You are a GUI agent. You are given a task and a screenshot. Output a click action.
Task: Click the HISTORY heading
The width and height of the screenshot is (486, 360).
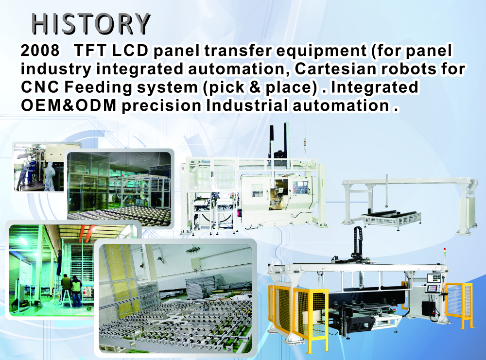pos(91,24)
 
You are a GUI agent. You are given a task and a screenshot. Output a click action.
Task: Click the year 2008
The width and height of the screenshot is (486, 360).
pos(40,50)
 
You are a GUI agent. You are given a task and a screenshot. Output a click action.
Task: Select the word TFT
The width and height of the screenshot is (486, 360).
pos(90,50)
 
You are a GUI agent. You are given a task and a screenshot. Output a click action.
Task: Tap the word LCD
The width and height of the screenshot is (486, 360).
pos(130,50)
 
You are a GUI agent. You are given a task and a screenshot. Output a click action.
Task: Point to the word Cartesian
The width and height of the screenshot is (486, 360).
pos(336,69)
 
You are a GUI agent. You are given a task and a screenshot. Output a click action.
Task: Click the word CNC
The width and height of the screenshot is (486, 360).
pos(40,87)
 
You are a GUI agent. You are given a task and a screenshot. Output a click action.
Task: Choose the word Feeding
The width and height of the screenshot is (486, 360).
pos(98,87)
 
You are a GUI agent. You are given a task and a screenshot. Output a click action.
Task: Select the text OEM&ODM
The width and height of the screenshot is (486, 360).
pos(69,105)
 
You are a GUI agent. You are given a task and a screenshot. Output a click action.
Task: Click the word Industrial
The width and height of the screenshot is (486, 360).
pos(247,105)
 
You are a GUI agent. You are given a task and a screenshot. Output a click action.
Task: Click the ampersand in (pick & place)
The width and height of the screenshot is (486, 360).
pos(255,87)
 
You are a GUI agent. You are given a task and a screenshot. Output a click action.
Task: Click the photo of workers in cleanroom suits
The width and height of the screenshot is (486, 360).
pos(39,167)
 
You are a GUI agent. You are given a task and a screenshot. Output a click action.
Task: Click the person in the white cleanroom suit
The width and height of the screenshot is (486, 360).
pos(49,175)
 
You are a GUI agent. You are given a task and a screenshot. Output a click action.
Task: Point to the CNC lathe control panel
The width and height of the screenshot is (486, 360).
pos(299,188)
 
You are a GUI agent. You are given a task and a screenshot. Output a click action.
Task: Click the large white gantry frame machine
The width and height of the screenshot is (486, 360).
pos(409,205)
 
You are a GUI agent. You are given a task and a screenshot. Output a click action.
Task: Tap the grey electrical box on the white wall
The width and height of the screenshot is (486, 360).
pos(196,263)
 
